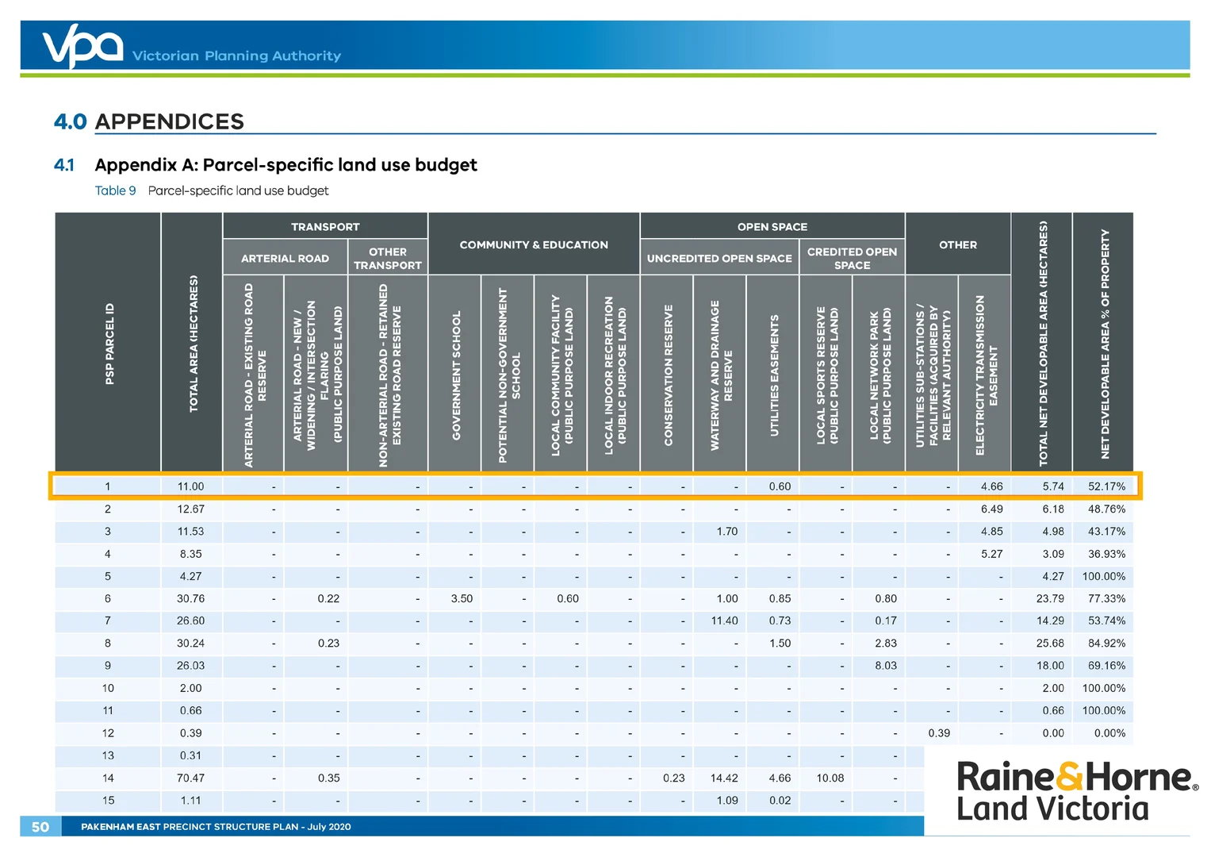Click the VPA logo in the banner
(83, 45)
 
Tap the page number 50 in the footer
(40, 826)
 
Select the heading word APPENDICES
(169, 121)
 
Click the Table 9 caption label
(115, 190)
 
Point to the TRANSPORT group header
(325, 227)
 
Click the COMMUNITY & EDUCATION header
(534, 244)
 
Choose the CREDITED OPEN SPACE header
(852, 258)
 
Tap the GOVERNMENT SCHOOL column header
(456, 375)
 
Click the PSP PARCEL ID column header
(109, 344)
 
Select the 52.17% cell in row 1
(1106, 486)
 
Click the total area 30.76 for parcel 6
(190, 598)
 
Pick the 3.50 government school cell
(462, 598)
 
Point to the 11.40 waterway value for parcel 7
(724, 621)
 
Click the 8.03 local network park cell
(886, 666)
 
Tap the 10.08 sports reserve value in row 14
(830, 778)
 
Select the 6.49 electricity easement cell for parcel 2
(991, 509)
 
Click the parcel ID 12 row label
(108, 733)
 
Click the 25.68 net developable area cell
(1050, 644)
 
